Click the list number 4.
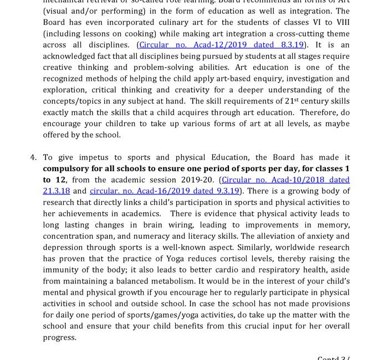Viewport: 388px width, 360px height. (x=33, y=157)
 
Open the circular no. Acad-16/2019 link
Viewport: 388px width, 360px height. (x=165, y=191)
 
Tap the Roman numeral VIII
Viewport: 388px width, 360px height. (x=339, y=22)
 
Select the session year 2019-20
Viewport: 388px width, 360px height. (x=198, y=180)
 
